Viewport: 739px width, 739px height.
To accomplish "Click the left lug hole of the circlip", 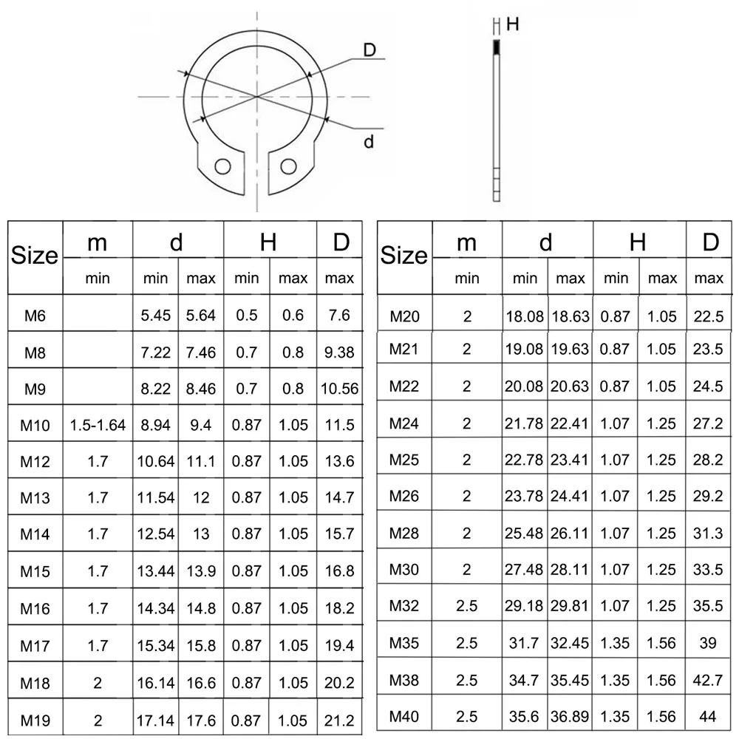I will point(220,165).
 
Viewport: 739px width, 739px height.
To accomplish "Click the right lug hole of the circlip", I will point(288,165).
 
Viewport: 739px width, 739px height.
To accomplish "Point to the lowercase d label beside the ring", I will point(369,141).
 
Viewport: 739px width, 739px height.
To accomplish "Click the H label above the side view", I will point(512,24).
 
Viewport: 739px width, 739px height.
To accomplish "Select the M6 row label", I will point(35,316).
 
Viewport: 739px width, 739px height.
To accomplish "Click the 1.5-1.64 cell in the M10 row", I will point(98,426).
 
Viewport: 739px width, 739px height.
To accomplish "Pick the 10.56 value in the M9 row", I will point(339,389).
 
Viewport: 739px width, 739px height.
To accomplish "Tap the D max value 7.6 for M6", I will point(339,316).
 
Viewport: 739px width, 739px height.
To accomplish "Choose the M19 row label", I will point(35,719).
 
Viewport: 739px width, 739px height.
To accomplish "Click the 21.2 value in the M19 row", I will point(339,719).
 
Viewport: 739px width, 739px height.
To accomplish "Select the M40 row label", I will point(404,716).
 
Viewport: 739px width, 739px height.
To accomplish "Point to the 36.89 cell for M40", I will point(570,716).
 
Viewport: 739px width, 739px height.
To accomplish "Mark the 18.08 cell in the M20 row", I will point(525,317).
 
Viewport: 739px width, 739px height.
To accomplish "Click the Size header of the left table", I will point(35,256).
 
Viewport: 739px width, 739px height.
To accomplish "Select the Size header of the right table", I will point(404,256).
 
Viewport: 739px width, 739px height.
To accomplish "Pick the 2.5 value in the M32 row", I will point(466,606).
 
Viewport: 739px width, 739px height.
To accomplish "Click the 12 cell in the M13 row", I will point(201,498).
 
